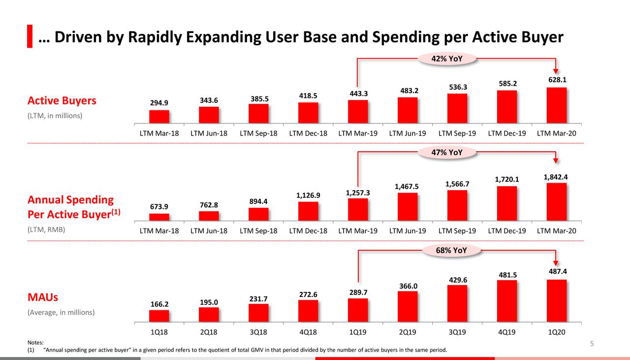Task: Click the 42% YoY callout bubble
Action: click(x=447, y=59)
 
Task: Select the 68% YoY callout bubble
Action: click(x=451, y=250)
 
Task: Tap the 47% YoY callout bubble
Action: click(x=447, y=152)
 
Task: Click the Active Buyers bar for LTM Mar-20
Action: click(x=556, y=105)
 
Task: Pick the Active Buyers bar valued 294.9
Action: click(x=159, y=117)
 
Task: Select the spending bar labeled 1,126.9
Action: click(x=308, y=211)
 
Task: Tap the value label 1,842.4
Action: click(x=556, y=177)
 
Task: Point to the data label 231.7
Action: click(x=258, y=298)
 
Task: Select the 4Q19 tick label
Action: click(x=506, y=332)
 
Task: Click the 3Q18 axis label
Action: click(x=258, y=332)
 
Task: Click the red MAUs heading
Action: click(x=42, y=297)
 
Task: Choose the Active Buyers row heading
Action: click(x=62, y=101)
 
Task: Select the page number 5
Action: click(x=592, y=344)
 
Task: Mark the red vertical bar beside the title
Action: click(x=30, y=36)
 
